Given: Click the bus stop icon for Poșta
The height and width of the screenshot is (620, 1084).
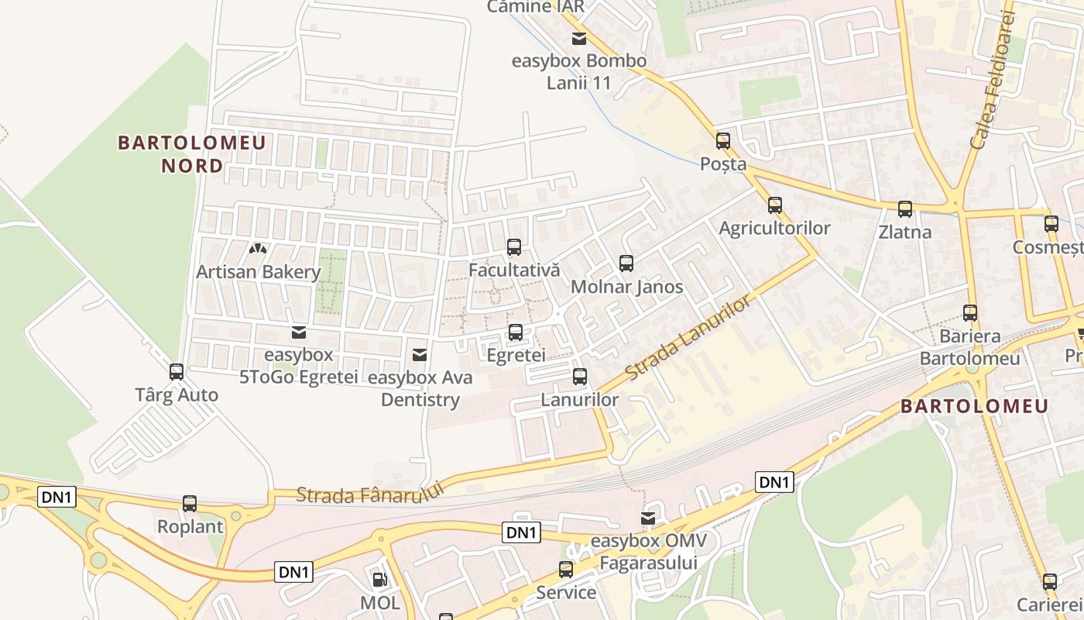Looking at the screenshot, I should pyautogui.click(x=723, y=141).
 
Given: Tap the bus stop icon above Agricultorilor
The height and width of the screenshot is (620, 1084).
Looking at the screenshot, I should pyautogui.click(x=775, y=205).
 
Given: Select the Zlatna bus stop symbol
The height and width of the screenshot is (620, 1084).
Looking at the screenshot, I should pyautogui.click(x=905, y=209).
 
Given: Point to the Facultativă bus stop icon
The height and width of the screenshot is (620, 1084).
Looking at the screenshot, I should pyautogui.click(x=513, y=247).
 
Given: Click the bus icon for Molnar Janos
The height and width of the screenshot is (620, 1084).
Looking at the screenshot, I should pyautogui.click(x=626, y=263).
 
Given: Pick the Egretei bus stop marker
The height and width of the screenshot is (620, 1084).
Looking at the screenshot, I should pyautogui.click(x=516, y=332).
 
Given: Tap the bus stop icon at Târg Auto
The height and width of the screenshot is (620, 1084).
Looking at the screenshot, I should pyautogui.click(x=177, y=372).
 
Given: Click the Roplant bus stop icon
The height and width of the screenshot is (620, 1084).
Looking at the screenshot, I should pyautogui.click(x=190, y=504).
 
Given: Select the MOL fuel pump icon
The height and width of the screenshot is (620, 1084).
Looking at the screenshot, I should pyautogui.click(x=379, y=579).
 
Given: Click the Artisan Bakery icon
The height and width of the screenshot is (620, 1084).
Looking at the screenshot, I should pyautogui.click(x=258, y=250).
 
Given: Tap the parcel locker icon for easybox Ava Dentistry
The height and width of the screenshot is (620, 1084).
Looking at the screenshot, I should pyautogui.click(x=420, y=355).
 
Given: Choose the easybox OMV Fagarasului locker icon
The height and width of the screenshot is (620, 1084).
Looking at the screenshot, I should pyautogui.click(x=648, y=518).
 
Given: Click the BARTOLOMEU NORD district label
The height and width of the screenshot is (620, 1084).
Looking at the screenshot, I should pyautogui.click(x=192, y=153).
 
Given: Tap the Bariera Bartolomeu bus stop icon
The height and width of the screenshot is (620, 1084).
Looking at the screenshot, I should pyautogui.click(x=970, y=313).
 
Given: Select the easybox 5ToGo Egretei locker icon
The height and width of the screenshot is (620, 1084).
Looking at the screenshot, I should pyautogui.click(x=298, y=332).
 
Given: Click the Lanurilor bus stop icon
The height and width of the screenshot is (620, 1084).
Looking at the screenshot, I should pyautogui.click(x=580, y=377).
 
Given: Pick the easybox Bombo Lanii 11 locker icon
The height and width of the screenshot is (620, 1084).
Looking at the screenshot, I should pyautogui.click(x=579, y=39).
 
